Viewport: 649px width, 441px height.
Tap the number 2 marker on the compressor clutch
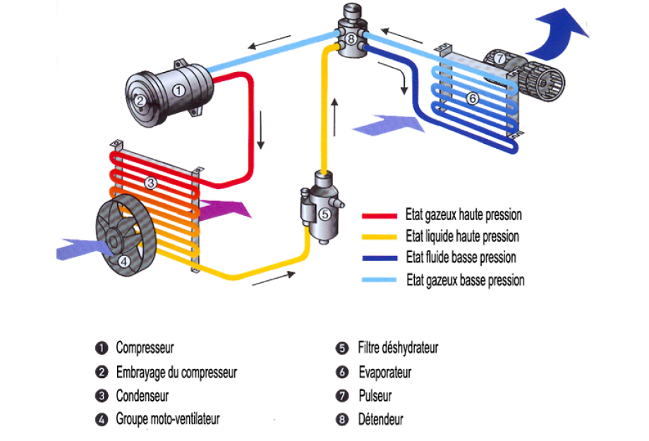140,101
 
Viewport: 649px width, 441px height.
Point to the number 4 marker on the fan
124,260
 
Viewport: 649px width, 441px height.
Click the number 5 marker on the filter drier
324,214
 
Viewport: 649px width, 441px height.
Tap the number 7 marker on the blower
499,59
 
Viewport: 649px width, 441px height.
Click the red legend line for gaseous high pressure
380,216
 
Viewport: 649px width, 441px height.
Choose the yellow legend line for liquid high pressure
380,237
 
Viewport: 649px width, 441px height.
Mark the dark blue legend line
380,258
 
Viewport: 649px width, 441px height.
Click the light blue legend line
380,280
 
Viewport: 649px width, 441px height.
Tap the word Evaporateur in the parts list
384,372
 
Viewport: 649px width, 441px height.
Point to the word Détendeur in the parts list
381,419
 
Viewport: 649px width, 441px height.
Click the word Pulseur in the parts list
375,396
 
